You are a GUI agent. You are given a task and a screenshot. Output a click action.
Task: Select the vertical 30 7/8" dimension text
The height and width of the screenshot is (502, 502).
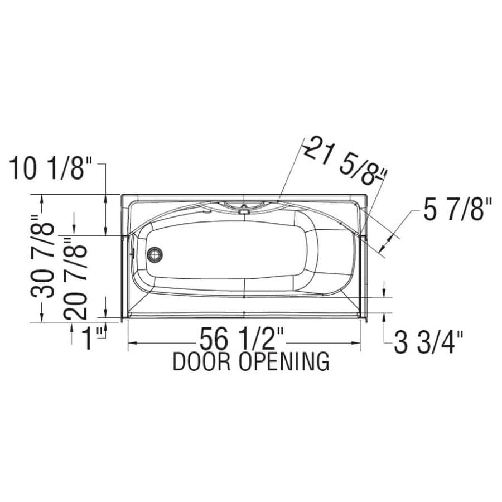(x=43, y=259)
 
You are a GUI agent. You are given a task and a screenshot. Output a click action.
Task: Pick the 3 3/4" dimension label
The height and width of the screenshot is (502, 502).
(x=428, y=342)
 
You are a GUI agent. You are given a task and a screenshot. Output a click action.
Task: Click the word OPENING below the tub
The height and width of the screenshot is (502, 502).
(x=284, y=362)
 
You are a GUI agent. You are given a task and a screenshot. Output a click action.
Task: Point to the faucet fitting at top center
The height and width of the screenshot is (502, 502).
(x=243, y=210)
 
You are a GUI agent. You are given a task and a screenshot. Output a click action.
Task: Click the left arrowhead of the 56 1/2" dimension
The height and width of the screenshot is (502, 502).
(x=132, y=341)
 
